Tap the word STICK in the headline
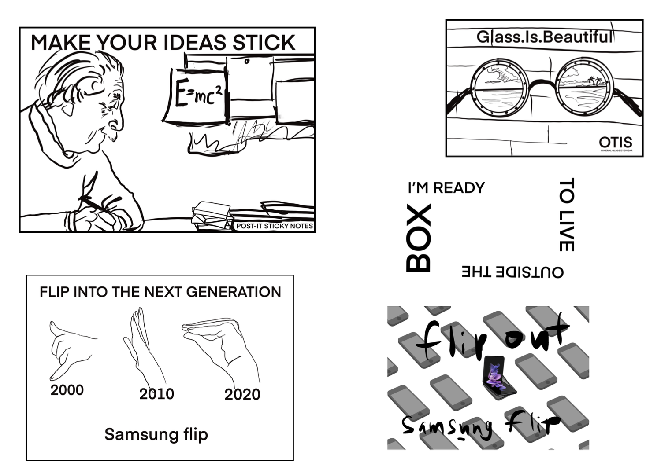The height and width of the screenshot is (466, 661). pyautogui.click(x=264, y=43)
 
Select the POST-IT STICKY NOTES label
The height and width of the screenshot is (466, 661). pyautogui.click(x=275, y=226)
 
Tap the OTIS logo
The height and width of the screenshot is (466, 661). pyautogui.click(x=615, y=143)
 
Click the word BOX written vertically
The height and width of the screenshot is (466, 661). pyautogui.click(x=418, y=238)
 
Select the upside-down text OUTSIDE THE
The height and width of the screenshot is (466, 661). pyautogui.click(x=512, y=272)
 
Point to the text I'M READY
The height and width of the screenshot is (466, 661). pyautogui.click(x=446, y=188)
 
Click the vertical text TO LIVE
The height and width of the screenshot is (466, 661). pyautogui.click(x=566, y=215)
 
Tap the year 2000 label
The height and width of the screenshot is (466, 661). pyautogui.click(x=67, y=390)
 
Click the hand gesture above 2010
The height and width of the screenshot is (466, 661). pyautogui.click(x=142, y=341)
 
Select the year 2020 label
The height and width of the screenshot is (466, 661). pyautogui.click(x=242, y=394)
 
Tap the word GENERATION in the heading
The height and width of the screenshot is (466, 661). pyautogui.click(x=233, y=292)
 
